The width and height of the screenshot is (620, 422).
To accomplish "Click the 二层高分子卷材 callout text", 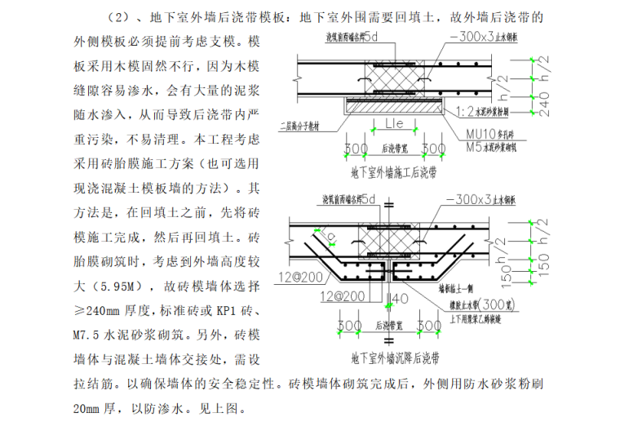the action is click(x=308, y=127).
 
